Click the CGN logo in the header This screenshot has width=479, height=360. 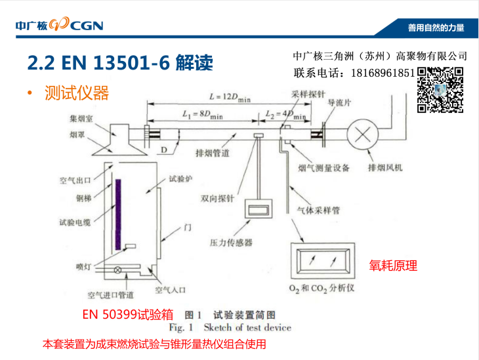[x=60, y=24]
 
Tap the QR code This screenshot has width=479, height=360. [x=440, y=90]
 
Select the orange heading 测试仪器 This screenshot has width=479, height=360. [x=77, y=92]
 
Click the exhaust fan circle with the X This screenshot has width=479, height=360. [x=363, y=134]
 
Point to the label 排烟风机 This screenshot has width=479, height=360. [x=385, y=168]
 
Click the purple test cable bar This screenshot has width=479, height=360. [x=118, y=214]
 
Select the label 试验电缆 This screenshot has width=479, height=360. [x=75, y=222]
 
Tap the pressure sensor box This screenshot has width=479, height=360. [x=259, y=209]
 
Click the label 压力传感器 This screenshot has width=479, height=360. [x=231, y=243]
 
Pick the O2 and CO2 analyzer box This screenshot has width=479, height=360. [x=323, y=261]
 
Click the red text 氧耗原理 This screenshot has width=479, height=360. [x=393, y=266]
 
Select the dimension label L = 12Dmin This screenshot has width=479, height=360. [x=230, y=97]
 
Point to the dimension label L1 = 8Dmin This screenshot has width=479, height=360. [x=203, y=115]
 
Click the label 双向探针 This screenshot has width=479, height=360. [x=217, y=199]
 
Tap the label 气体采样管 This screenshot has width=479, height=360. [x=319, y=210]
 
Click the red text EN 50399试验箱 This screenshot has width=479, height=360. [x=128, y=314]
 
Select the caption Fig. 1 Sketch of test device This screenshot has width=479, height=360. [x=230, y=328]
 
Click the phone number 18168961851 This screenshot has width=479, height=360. [x=383, y=73]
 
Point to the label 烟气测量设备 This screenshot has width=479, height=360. [x=323, y=168]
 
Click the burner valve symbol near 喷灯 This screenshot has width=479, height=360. [x=117, y=270]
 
